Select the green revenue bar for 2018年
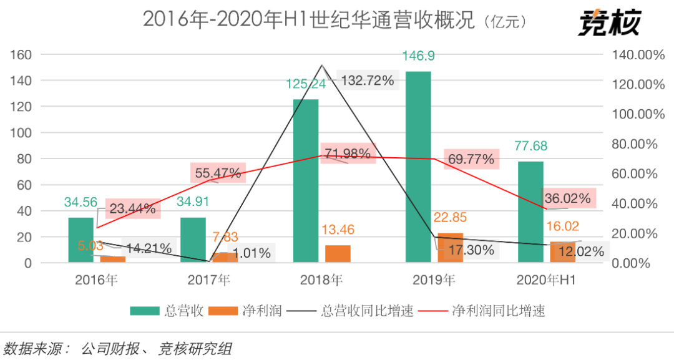point(306,180)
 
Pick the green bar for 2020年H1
point(530,212)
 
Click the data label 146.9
point(419,56)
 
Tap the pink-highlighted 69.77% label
point(471,159)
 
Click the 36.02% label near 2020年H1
point(567,198)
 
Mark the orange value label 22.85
point(451,218)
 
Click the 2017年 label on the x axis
point(208,280)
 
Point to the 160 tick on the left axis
point(21,54)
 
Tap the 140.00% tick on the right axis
point(633,54)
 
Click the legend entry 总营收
point(167,311)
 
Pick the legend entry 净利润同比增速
point(481,311)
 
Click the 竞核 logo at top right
point(608,23)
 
